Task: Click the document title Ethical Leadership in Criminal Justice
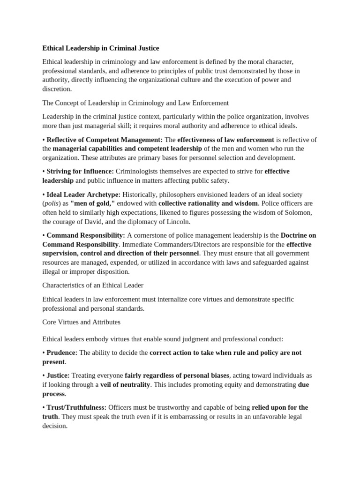click(100, 48)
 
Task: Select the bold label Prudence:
click(62, 352)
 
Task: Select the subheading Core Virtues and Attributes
click(81, 322)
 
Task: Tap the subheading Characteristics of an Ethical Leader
click(93, 285)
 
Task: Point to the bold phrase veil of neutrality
click(125, 384)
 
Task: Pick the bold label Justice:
click(58, 375)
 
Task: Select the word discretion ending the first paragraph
click(57, 89)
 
